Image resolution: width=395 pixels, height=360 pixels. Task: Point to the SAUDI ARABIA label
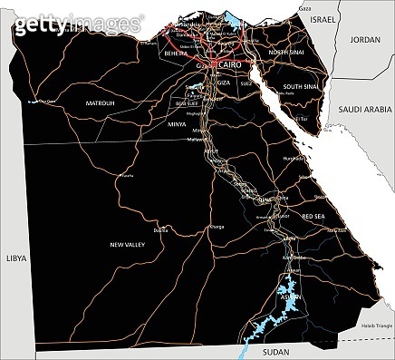point(363,109)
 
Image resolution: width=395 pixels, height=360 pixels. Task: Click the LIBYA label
point(14,258)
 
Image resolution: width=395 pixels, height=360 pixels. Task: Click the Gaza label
point(304,6)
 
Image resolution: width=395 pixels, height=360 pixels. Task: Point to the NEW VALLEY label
point(128,245)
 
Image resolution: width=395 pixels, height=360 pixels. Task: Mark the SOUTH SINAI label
point(299,87)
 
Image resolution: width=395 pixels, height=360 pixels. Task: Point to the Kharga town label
point(217,226)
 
